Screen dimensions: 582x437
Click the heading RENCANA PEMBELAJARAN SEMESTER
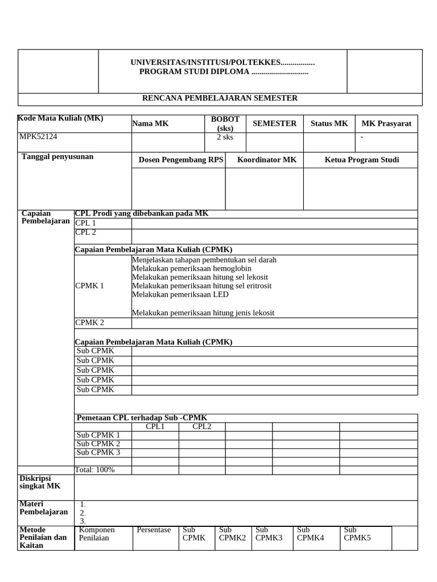(x=220, y=98)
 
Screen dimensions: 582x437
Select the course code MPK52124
(x=39, y=137)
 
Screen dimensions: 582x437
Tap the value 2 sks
(x=225, y=138)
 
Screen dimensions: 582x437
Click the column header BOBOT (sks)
(x=225, y=123)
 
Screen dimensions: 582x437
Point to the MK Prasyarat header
(x=386, y=123)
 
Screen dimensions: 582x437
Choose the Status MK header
(x=329, y=123)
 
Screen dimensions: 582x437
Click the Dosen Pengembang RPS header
(x=181, y=160)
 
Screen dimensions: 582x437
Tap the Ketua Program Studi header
(x=362, y=160)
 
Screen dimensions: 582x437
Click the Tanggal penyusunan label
(x=57, y=156)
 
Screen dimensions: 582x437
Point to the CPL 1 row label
(x=86, y=223)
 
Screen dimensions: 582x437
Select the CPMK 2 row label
(x=90, y=323)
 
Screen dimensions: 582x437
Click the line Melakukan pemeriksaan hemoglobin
(x=191, y=268)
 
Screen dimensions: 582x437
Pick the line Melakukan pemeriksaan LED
(x=180, y=294)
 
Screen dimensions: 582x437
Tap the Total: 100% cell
(x=95, y=469)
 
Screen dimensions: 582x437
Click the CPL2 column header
(x=201, y=426)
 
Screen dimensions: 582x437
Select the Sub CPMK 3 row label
(x=98, y=452)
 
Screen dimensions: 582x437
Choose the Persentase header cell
(x=154, y=530)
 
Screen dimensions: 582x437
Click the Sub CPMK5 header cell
(x=357, y=534)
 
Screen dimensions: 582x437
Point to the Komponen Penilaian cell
(x=97, y=534)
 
